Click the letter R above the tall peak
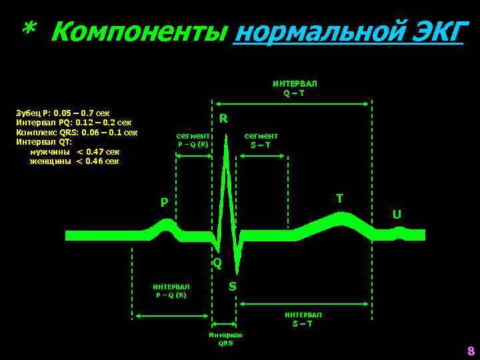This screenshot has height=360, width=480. pos(223,119)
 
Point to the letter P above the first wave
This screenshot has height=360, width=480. pos(164,203)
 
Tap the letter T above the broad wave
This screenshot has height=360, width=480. pos(339,198)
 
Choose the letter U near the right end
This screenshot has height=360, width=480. pos(397,215)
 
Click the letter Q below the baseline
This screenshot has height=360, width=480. pos(217,263)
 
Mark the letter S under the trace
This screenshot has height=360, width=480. pos(232,286)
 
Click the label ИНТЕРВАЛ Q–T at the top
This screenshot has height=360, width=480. pos(295,89)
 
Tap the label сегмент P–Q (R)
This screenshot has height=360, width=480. pos(193,140)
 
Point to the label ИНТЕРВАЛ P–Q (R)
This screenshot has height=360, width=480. pos(171,291)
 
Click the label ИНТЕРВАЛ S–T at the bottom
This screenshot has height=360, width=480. pos(303,319)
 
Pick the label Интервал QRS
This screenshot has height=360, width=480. pos(225,339)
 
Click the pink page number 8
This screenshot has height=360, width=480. pos(470,351)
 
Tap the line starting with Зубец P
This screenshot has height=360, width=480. pos(63,113)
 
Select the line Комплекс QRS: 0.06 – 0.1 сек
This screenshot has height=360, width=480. pos(77,132)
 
